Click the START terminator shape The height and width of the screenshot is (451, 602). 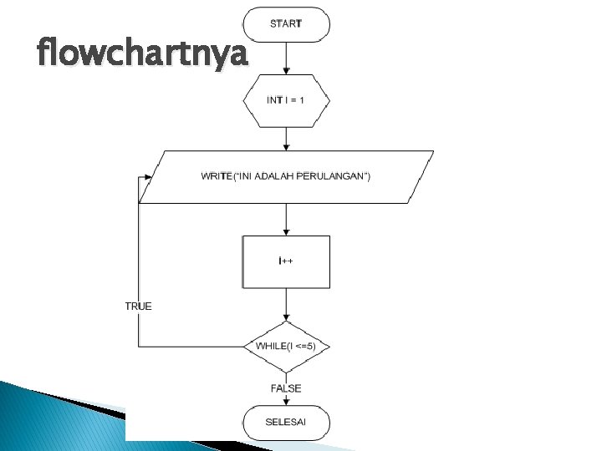pos(286,24)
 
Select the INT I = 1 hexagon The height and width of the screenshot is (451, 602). pos(286,100)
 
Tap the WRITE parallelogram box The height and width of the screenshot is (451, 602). pos(286,176)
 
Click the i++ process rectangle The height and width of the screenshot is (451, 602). pos(286,261)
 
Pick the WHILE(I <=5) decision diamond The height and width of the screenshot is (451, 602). pos(286,346)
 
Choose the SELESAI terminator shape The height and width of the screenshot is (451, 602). pos(286,422)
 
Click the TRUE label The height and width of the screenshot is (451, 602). pos(139,307)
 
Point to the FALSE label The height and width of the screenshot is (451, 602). pos(286,388)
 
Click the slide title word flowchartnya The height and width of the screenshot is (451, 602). pos(143,55)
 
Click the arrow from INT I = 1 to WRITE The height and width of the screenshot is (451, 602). pos(286,138)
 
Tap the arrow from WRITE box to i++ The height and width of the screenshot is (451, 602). pos(286,219)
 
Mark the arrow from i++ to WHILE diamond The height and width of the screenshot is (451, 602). pos(286,305)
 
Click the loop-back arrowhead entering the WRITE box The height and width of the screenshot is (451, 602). pos(148,176)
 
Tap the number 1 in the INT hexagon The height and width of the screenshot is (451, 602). pos(303,100)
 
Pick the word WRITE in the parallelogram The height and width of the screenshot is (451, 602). pos(215,176)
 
